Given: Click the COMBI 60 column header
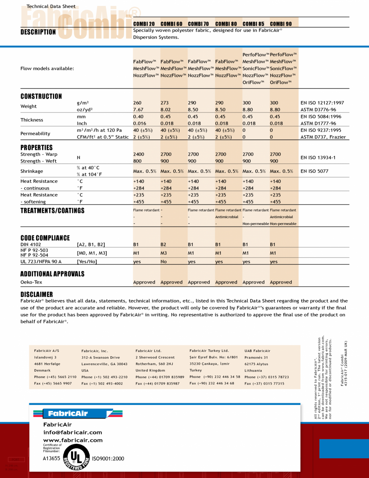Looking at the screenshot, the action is [x=171, y=24].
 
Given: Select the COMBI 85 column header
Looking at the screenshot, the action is [x=253, y=24].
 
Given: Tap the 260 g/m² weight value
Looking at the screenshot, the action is [x=137, y=103].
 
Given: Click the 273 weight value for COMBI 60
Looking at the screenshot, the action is [x=165, y=103].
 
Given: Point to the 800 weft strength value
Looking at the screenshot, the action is [x=137, y=161].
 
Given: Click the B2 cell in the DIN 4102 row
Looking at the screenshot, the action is [x=163, y=244].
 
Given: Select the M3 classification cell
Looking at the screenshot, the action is [x=164, y=253].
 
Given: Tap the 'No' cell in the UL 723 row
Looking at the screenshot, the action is [x=164, y=261].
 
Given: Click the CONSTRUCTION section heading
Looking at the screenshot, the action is [x=41, y=96].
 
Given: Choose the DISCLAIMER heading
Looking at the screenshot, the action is [x=37, y=294].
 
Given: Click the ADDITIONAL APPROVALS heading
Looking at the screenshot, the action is [x=53, y=274].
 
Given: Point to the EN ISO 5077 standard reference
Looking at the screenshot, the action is [x=314, y=171].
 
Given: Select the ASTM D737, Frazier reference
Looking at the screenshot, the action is [x=323, y=137].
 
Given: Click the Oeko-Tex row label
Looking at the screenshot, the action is [x=32, y=282].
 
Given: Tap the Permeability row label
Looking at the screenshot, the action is [x=35, y=133].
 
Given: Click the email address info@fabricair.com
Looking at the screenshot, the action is [x=73, y=432].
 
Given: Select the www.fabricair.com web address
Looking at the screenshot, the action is [x=73, y=440].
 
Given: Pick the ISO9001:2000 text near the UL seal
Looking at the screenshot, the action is [x=108, y=458].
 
